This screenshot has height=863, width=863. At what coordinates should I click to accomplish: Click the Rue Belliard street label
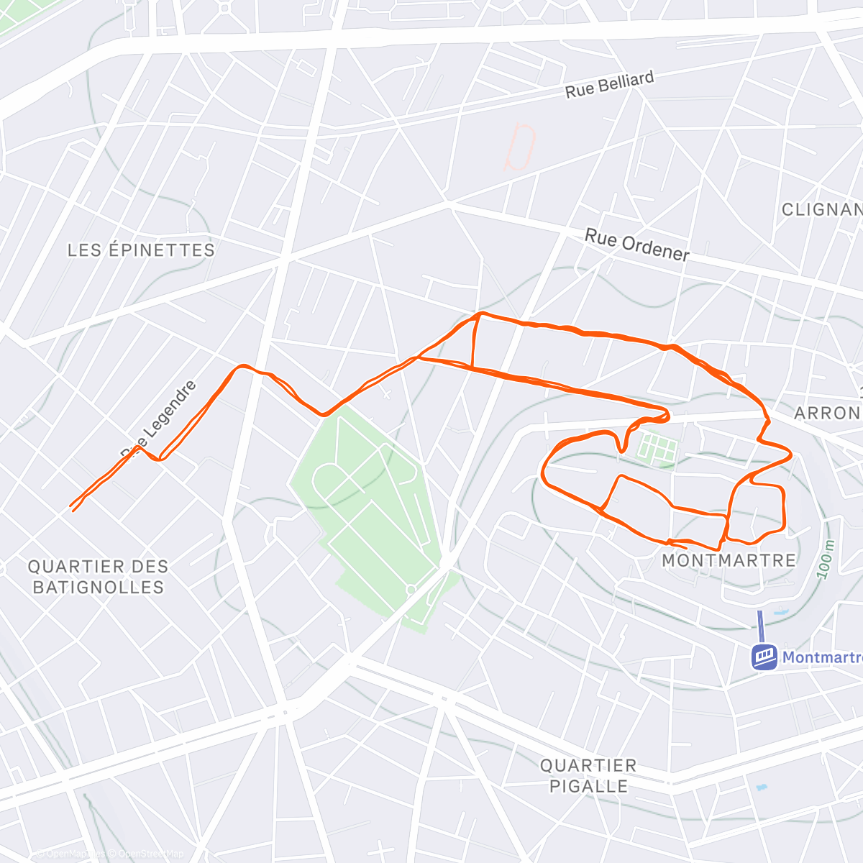pyautogui.click(x=609, y=84)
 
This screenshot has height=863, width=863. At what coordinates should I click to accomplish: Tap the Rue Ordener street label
pyautogui.click(x=636, y=245)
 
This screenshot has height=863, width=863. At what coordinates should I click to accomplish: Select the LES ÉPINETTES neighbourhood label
pyautogui.click(x=141, y=250)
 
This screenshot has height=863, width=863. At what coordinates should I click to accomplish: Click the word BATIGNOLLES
pyautogui.click(x=99, y=587)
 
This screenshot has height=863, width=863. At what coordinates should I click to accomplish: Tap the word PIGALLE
pyautogui.click(x=588, y=786)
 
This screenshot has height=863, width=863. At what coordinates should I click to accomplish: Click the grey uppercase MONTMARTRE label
pyautogui.click(x=729, y=560)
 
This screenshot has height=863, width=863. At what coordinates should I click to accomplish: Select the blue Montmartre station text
pyautogui.click(x=821, y=657)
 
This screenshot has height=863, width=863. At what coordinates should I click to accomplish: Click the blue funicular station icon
pyautogui.click(x=764, y=656)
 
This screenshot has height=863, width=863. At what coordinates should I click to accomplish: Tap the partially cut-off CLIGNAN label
pyautogui.click(x=821, y=209)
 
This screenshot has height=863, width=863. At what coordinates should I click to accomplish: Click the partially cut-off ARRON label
pyautogui.click(x=827, y=413)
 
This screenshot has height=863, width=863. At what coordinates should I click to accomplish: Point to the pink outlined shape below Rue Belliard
pyautogui.click(x=520, y=147)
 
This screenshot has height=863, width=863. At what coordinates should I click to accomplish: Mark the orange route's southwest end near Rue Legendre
pyautogui.click(x=72, y=508)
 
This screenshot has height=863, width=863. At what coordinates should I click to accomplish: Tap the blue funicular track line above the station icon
pyautogui.click(x=759, y=626)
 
